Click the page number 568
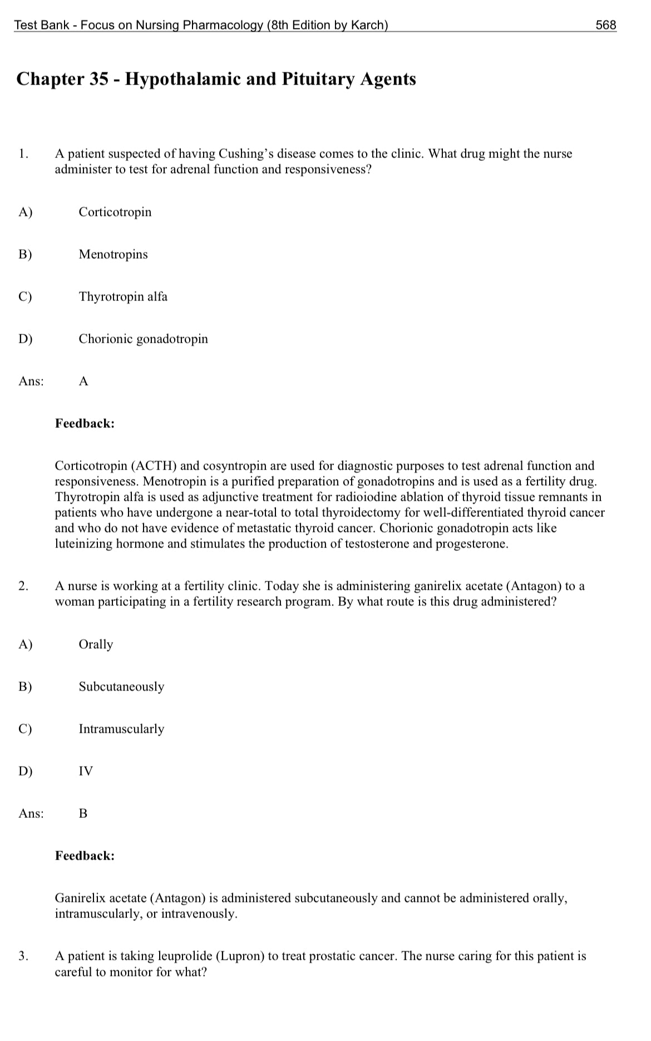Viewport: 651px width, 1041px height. (605, 24)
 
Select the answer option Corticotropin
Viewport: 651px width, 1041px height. (115, 212)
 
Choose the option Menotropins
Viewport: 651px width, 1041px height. (113, 254)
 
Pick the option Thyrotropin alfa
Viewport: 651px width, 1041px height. (123, 297)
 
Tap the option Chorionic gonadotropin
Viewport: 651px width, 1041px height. (143, 339)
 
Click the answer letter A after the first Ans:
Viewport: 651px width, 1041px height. (83, 381)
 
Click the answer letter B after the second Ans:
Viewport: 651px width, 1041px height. (83, 813)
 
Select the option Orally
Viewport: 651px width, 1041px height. (96, 644)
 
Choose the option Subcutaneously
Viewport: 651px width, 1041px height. (121, 687)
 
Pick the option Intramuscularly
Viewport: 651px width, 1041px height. (121, 729)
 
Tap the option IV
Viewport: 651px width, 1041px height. (86, 771)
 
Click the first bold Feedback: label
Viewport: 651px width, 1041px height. (85, 423)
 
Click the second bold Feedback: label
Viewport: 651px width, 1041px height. (85, 856)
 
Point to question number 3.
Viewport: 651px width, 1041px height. (23, 956)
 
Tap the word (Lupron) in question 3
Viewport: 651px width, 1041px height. (239, 956)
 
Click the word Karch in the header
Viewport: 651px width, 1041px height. (367, 24)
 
